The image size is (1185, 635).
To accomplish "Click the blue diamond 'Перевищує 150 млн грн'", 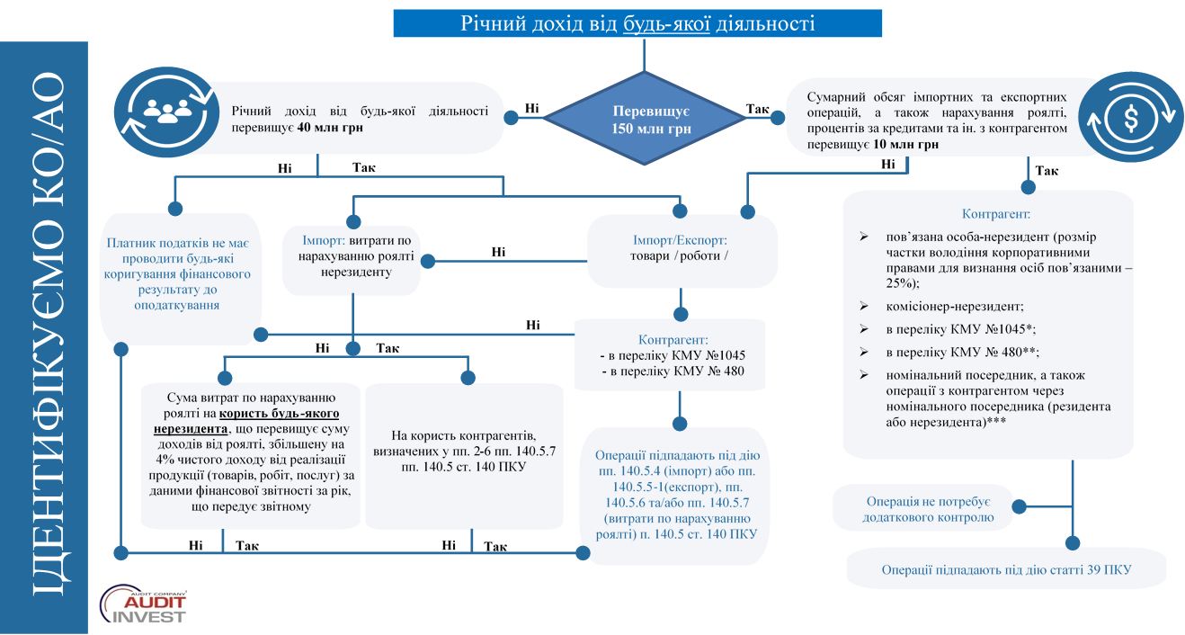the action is click(x=645, y=118).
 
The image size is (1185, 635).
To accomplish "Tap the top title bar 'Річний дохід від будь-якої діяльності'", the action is click(x=637, y=23).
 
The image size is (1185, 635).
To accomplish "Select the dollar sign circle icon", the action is click(x=1130, y=118).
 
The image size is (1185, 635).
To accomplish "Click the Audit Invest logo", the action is click(x=143, y=604).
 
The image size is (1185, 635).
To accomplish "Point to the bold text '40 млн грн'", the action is click(x=330, y=128).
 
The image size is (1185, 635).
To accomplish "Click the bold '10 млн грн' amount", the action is click(x=905, y=145).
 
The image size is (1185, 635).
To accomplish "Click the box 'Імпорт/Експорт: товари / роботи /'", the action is click(x=682, y=251).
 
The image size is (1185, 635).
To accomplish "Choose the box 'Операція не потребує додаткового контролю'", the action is click(x=923, y=508).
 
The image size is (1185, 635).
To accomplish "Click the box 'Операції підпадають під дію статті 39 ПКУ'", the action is click(x=1006, y=569).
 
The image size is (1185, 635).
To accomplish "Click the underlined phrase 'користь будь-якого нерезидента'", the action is click(x=246, y=421).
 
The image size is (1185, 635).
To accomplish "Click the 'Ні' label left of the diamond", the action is click(x=531, y=109).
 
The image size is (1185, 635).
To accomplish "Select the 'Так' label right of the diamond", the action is click(x=758, y=109).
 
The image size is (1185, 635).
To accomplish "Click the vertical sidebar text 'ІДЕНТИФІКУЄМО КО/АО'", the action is click(x=49, y=334).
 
